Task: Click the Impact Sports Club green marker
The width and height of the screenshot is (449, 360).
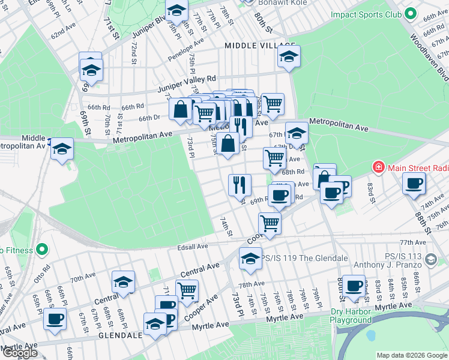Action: click(x=411, y=13)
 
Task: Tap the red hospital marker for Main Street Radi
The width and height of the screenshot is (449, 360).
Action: click(x=378, y=166)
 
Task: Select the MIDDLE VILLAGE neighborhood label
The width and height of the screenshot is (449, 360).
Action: click(x=260, y=46)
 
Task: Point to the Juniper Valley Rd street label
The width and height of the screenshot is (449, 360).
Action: click(x=186, y=83)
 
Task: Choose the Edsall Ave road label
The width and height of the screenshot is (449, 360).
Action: click(x=192, y=246)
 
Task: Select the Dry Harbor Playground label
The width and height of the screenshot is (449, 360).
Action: click(x=351, y=316)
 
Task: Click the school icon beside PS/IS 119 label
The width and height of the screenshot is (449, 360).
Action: click(x=250, y=258)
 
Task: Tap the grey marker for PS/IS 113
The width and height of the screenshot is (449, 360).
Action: click(x=430, y=259)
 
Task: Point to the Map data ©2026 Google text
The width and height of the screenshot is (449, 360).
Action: click(x=411, y=355)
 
